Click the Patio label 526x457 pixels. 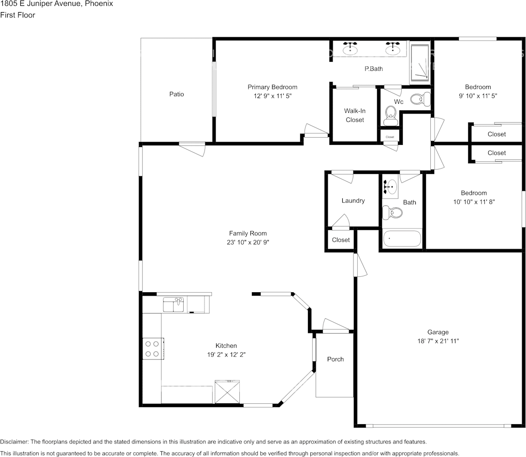tap(176, 94)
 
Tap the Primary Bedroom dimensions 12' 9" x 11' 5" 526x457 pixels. tap(272, 96)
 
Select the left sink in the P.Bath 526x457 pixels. tap(351, 49)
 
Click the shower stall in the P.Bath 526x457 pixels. tap(419, 63)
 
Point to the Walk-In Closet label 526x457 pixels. tap(354, 115)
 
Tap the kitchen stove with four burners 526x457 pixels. tap(153, 349)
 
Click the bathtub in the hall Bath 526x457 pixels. tap(402, 239)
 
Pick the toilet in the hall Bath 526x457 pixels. tap(393, 212)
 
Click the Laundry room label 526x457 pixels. tap(353, 201)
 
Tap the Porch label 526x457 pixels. tap(336, 359)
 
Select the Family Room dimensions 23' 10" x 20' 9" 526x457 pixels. tap(248, 242)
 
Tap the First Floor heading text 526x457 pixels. tap(17, 15)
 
